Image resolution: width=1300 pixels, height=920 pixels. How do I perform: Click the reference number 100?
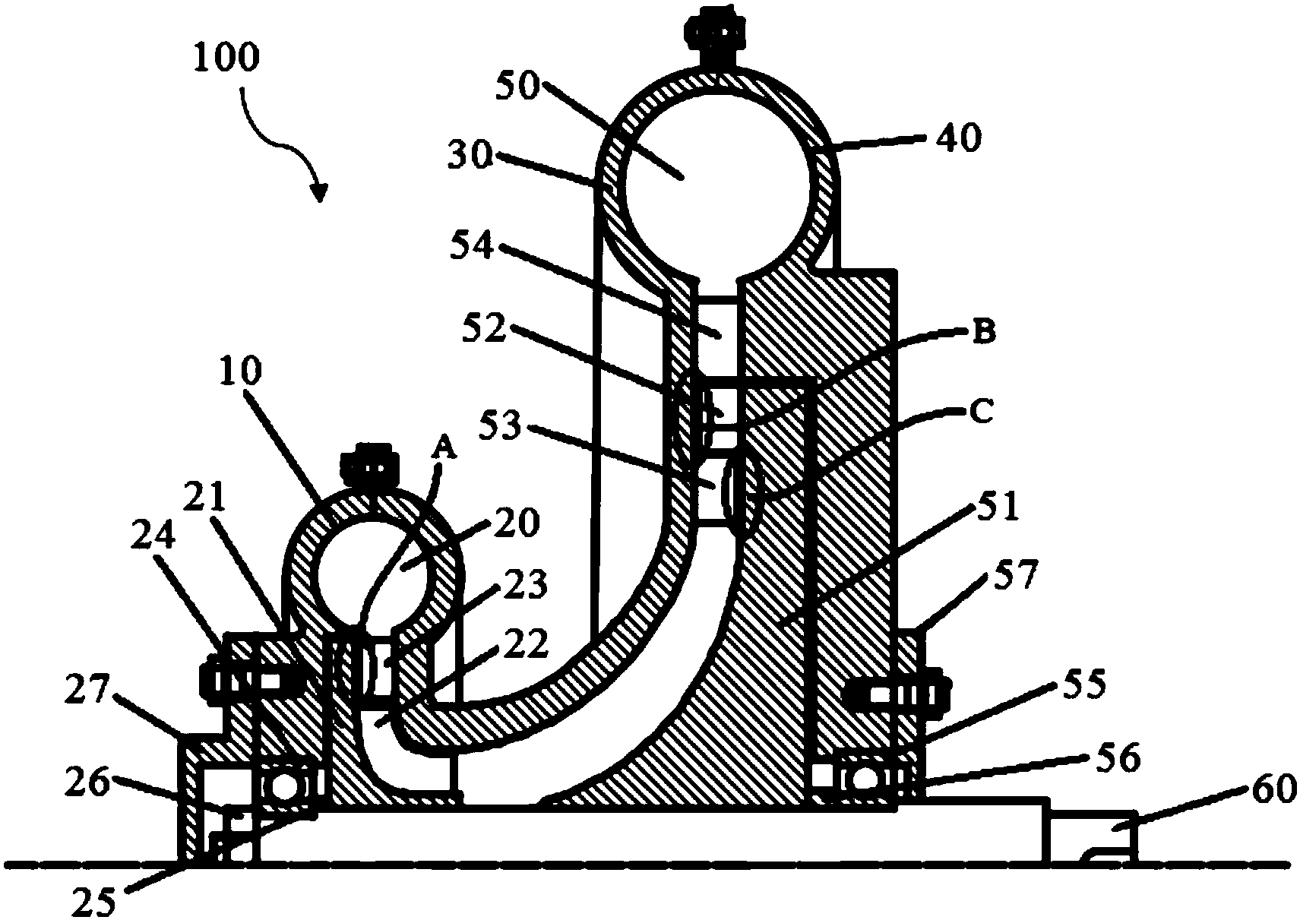tap(226, 58)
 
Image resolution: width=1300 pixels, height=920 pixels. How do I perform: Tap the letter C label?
tap(982, 413)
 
